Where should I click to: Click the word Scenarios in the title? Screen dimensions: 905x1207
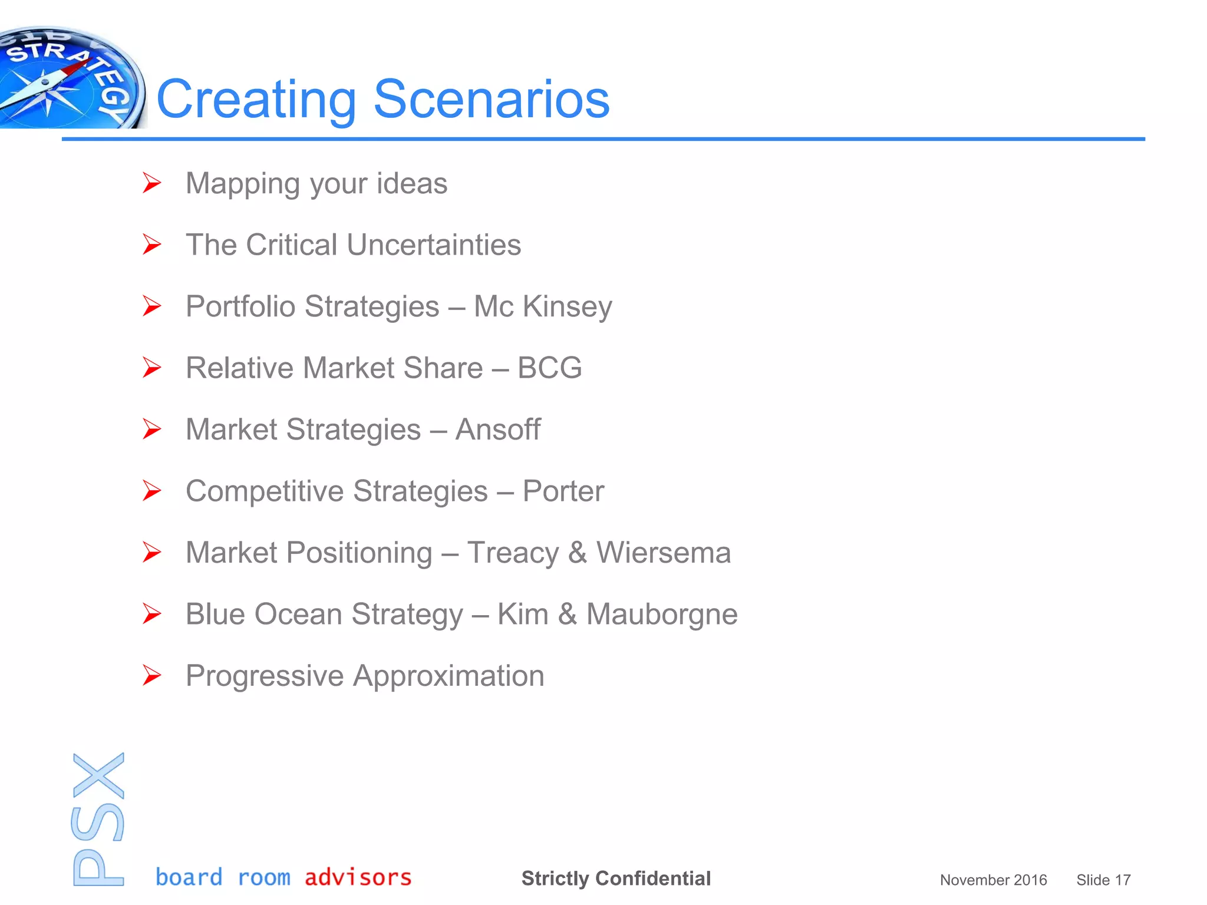coord(491,99)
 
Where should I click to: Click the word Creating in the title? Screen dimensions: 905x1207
coord(256,99)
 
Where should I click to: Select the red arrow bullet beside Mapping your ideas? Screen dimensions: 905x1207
coord(151,183)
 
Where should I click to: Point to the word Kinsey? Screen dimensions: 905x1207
coord(567,307)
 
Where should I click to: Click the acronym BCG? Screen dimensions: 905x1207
coord(549,368)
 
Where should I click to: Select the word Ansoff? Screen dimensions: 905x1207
coord(498,430)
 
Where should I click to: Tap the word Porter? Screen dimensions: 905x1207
coord(563,491)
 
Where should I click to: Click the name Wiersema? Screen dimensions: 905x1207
coord(664,553)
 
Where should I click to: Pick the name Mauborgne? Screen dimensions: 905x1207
coord(662,615)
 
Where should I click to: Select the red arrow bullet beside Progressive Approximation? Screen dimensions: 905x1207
coord(151,676)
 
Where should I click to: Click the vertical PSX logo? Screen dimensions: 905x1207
coord(98,819)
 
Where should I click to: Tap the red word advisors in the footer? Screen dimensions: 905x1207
coord(358,877)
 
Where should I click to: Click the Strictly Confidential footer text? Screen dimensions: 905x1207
coord(616,878)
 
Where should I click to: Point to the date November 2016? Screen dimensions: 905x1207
coord(993,880)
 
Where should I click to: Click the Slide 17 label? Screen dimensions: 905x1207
coord(1103,880)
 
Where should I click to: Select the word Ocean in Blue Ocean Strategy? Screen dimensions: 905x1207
coord(298,615)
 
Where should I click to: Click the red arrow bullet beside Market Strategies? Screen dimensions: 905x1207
coord(151,430)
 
